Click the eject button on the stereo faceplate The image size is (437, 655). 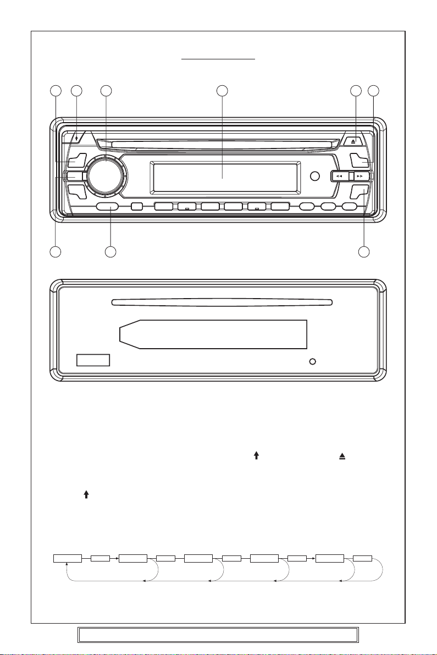coord(354,141)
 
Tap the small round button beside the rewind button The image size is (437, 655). coord(314,177)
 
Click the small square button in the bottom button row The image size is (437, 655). coord(137,207)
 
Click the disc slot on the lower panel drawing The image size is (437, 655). coord(222,301)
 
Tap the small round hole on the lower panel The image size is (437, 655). coord(313,362)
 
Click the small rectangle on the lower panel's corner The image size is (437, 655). coord(93,361)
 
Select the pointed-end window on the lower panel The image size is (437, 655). coord(213,334)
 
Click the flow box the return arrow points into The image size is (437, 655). coord(67,559)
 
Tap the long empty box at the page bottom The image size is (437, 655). coord(218,634)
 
